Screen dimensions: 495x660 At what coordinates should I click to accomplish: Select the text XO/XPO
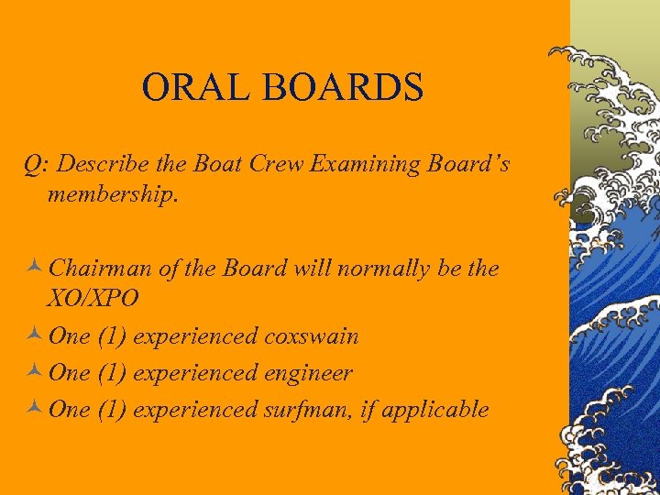coord(93,300)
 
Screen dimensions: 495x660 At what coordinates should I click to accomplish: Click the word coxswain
coord(311,336)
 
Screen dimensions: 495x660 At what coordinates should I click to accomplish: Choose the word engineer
coord(308,374)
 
